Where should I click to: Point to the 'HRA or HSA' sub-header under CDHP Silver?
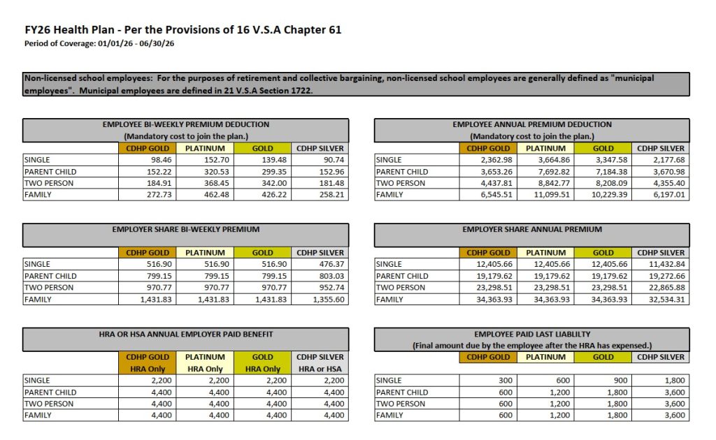tap(320, 369)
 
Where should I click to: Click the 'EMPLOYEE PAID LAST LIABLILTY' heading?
tap(531, 335)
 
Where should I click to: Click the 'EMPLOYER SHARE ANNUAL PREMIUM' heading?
tap(531, 229)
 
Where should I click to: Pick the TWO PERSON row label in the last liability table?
tap(401, 404)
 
